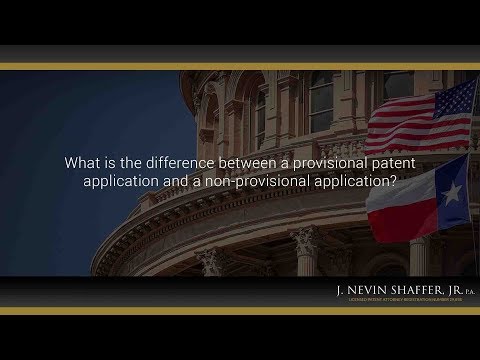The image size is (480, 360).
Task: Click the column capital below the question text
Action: (x=302, y=240)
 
